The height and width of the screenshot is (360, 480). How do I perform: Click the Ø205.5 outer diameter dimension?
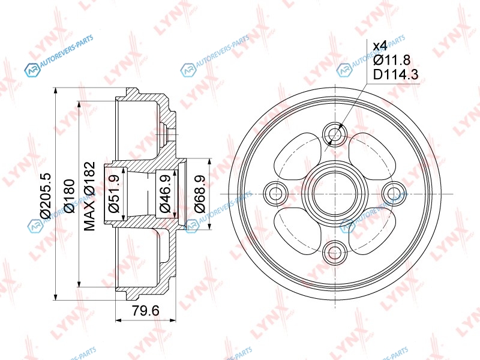point(46,196)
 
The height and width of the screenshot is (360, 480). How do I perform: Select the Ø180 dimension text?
point(70,196)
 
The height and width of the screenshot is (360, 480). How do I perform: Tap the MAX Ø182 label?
point(90,196)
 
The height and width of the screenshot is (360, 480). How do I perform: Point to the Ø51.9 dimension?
point(113,194)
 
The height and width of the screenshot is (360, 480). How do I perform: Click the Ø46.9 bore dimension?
point(166,194)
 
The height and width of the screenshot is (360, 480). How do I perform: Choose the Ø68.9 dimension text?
point(200,194)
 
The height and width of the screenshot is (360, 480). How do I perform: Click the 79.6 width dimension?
point(146,311)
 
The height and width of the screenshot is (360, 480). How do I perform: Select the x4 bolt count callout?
point(380,46)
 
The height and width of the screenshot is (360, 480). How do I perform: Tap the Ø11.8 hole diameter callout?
point(392,60)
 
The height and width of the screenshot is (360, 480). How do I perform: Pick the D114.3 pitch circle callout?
point(396,74)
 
